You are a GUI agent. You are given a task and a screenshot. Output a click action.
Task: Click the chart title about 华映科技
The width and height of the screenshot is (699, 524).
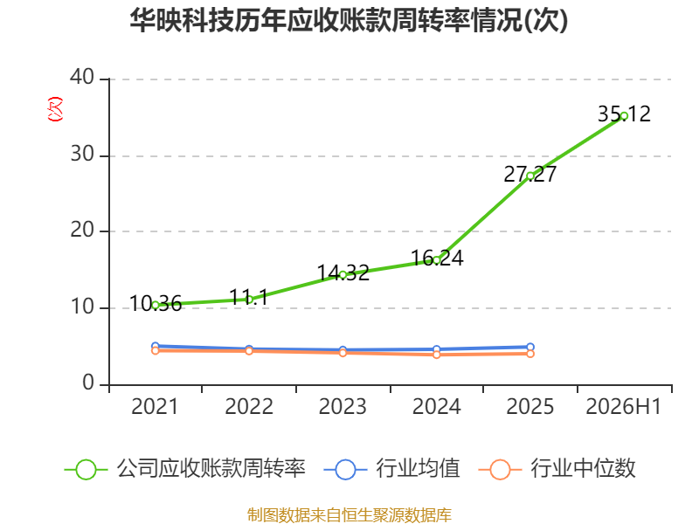(349, 20)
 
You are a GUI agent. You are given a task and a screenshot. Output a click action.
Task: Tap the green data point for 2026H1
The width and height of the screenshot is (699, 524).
(624, 116)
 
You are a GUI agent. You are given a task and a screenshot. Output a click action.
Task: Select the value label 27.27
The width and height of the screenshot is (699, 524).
(530, 174)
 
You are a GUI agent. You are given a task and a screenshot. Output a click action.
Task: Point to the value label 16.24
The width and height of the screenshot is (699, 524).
(437, 258)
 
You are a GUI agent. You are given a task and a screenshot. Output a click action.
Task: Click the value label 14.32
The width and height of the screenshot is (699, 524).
(343, 272)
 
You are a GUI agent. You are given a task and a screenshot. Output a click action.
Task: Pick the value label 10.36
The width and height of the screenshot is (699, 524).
(156, 304)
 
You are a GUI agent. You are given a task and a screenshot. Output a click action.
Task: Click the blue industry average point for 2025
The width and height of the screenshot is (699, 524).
(530, 347)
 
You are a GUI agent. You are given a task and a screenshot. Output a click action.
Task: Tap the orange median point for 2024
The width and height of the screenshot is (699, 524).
(437, 355)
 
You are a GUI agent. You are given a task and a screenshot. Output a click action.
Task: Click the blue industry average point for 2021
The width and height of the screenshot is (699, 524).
(156, 346)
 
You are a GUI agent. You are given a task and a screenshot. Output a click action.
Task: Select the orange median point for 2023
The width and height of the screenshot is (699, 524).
(343, 353)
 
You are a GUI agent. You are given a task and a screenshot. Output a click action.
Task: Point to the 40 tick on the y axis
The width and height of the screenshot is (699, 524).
(82, 78)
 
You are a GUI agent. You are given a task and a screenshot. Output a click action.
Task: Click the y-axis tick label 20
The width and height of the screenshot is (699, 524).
(82, 231)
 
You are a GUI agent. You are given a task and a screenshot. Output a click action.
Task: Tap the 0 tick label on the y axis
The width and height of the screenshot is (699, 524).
(88, 383)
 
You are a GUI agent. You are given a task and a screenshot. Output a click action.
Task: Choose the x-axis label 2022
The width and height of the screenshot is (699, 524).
(249, 407)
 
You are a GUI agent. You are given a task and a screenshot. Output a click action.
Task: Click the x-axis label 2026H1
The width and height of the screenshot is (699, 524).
(624, 407)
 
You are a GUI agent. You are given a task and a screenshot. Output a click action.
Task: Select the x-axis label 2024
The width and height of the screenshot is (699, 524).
(436, 407)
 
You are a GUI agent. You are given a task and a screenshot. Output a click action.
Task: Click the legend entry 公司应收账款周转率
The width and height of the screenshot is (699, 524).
(185, 469)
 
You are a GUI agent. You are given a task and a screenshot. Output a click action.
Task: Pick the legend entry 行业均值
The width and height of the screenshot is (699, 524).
(392, 469)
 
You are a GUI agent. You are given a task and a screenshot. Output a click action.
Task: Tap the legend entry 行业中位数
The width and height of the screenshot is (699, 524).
(557, 469)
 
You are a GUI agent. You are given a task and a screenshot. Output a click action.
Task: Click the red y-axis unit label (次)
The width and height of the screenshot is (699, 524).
(55, 109)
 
